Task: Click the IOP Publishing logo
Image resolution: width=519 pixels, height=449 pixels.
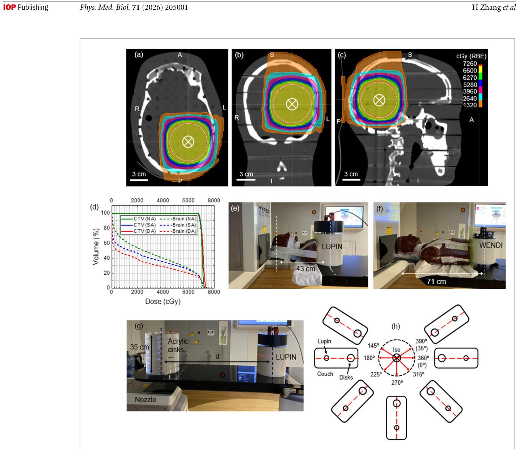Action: click(26, 7)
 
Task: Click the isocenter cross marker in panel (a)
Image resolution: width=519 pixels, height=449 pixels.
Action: click(188, 142)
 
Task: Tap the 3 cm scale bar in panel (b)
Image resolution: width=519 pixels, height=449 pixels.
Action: click(246, 179)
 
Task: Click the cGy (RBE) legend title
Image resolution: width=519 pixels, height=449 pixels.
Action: click(471, 56)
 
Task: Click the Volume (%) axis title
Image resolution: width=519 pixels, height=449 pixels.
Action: click(96, 247)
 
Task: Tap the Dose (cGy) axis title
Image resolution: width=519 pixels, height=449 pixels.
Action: click(163, 302)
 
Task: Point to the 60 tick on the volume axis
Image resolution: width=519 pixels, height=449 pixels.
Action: click(107, 243)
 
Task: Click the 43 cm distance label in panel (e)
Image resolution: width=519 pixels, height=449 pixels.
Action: click(305, 269)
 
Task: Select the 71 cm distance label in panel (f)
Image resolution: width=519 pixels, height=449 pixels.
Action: click(436, 282)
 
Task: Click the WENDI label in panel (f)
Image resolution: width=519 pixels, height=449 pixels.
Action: click(491, 245)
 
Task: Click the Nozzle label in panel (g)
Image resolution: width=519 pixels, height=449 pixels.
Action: click(145, 399)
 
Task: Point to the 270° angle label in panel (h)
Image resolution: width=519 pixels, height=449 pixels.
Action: click(397, 383)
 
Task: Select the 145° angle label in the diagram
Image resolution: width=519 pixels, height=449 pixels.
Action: click(374, 346)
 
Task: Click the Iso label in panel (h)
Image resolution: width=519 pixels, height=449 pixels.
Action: click(397, 350)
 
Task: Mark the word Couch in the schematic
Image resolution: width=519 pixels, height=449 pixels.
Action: click(325, 374)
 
